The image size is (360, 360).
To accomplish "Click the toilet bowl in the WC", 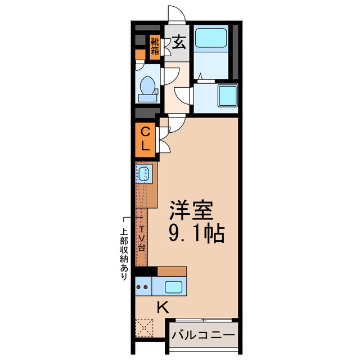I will point(148,86).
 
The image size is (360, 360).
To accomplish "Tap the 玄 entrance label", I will point(179,43).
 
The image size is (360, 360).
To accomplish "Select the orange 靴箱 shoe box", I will point(155,47).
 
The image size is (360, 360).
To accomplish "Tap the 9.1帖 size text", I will point(197,232).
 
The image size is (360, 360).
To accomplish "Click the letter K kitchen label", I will point(163,307).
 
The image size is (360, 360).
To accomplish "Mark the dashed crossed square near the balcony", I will point(145,327).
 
